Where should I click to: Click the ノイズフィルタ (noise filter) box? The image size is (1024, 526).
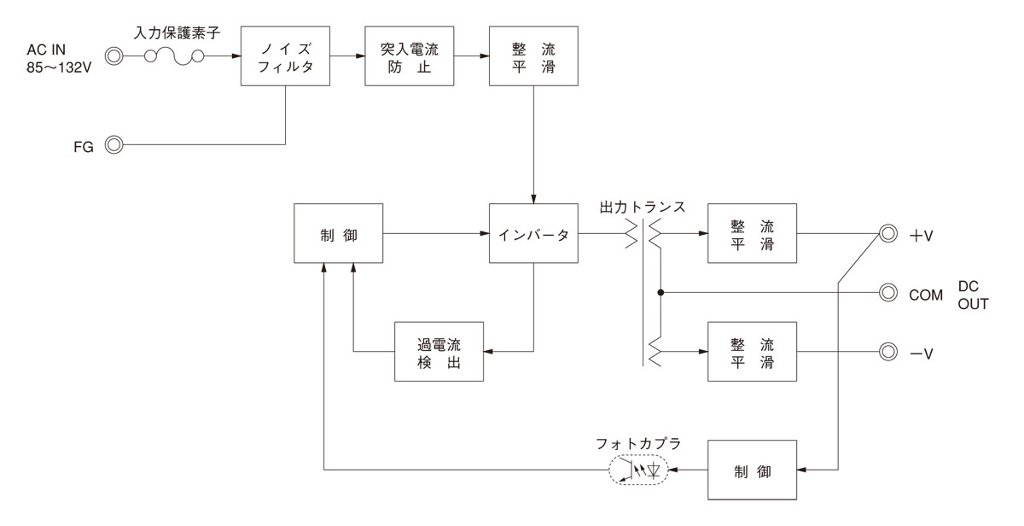coord(286,56)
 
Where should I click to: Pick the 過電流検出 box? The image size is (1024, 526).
coord(439,351)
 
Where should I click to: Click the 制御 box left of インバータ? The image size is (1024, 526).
coord(339,233)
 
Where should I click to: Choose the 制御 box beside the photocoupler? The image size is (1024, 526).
coord(752,470)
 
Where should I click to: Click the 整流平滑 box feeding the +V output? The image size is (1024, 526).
coord(752,233)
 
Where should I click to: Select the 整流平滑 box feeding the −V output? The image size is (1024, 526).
coord(752,351)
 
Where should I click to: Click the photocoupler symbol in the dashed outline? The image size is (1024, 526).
coord(638,470)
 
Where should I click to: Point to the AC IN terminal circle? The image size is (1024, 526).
coord(112,57)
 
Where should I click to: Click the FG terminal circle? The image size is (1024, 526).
coord(112,145)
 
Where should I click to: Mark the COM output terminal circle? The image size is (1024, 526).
coord(888,293)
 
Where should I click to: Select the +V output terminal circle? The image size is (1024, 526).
coord(888,233)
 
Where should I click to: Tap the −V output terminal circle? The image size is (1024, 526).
coord(888,351)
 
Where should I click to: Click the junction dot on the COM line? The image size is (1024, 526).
coord(660,293)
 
